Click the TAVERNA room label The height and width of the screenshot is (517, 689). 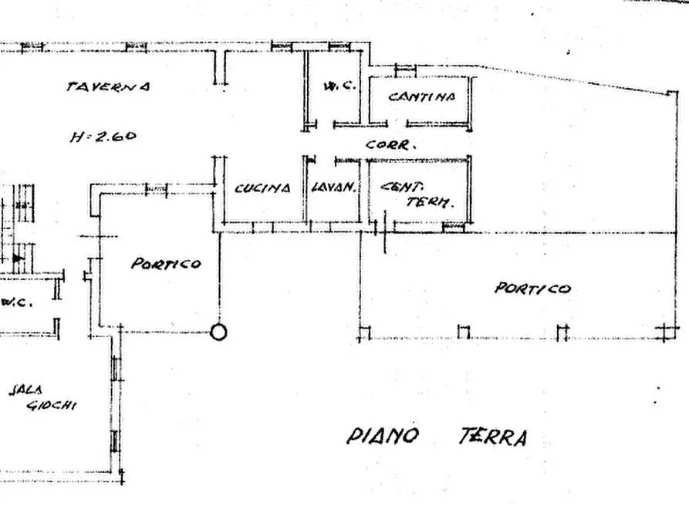108,86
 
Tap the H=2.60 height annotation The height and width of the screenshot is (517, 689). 103,137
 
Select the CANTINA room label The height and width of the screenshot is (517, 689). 421,97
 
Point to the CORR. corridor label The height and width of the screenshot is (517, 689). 391,144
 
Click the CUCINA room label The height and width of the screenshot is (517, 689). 262,188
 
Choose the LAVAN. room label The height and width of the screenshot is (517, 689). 333,188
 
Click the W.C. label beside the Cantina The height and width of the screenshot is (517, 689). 339,86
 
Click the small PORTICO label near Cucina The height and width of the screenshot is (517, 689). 166,264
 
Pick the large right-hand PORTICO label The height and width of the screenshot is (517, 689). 532,289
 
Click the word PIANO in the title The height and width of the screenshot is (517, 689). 383,437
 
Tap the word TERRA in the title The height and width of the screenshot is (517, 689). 492,438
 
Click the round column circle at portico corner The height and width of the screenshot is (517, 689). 219,333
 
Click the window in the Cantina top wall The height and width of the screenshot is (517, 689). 405,70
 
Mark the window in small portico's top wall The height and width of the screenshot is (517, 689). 157,188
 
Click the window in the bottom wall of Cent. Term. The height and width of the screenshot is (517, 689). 454,228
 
